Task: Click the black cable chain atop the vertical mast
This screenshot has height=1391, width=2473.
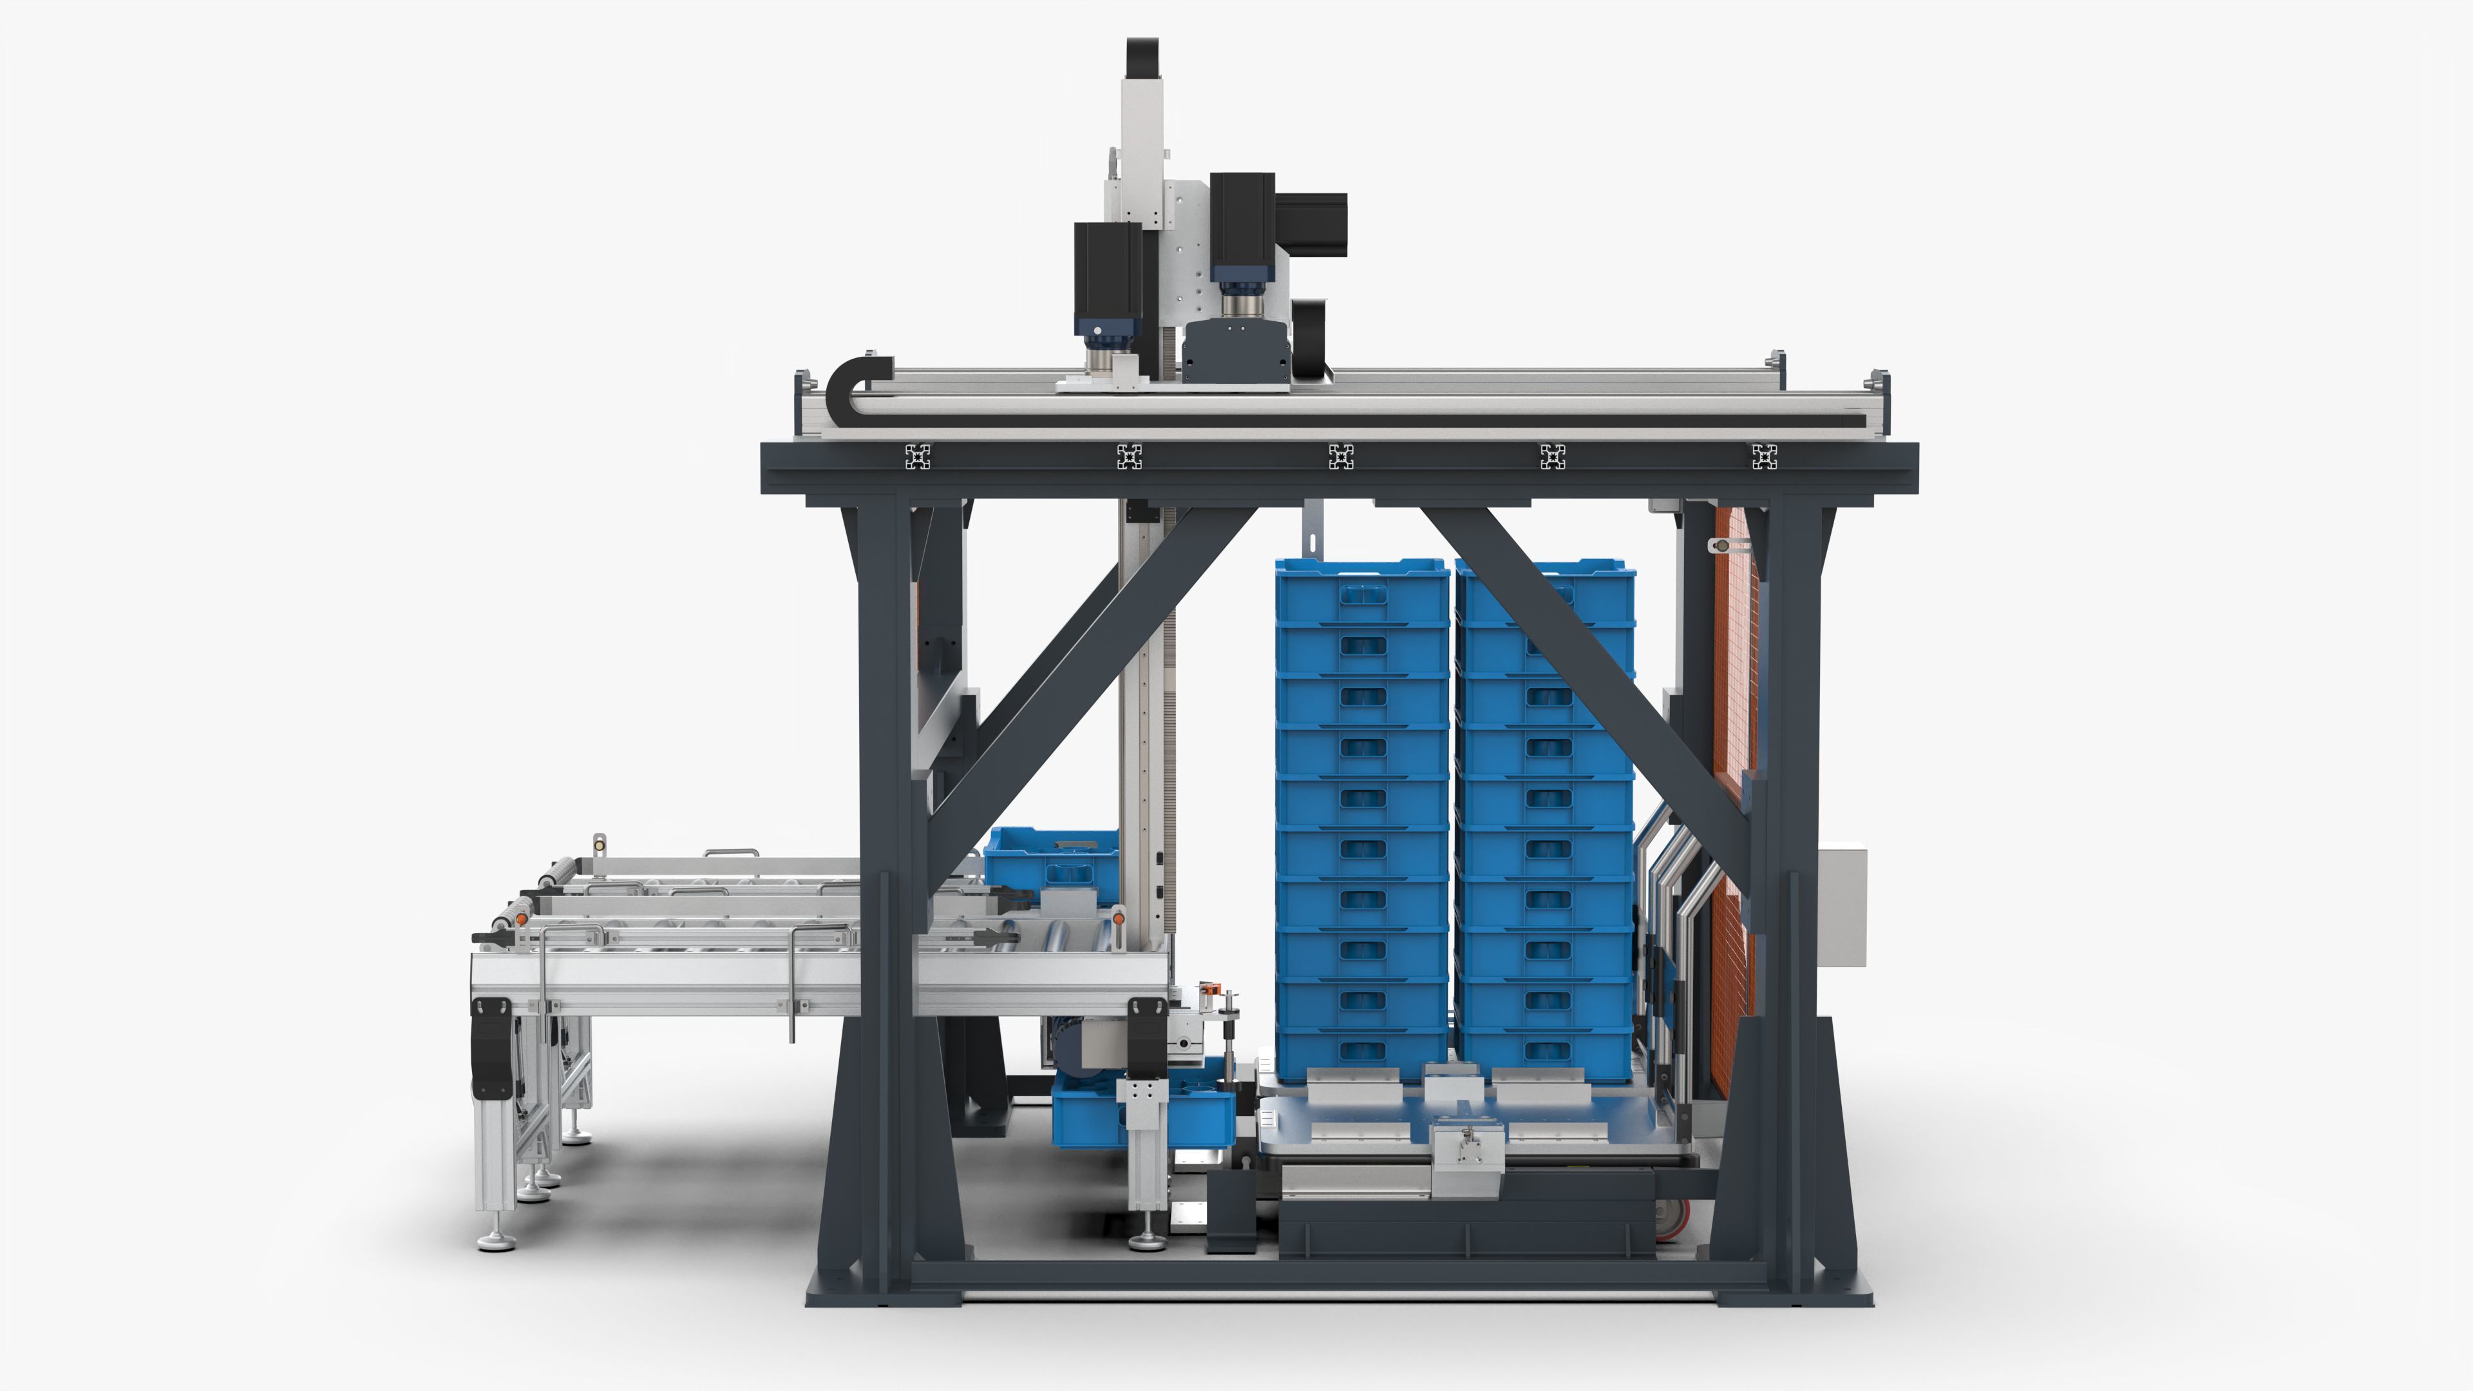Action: coord(1141,57)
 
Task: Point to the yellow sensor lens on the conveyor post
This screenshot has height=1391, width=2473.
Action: coord(600,845)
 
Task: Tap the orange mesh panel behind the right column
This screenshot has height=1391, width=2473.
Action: coord(1734,672)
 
